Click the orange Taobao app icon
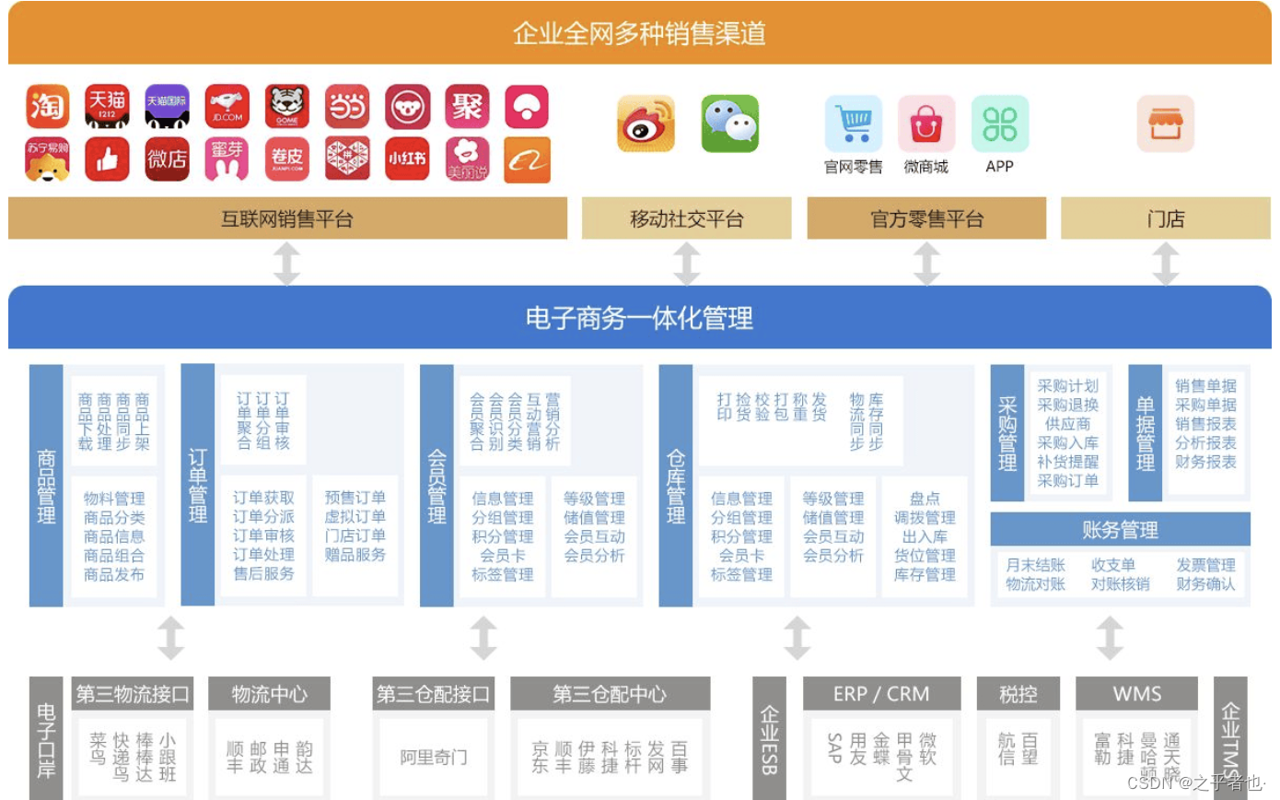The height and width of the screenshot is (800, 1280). point(48,107)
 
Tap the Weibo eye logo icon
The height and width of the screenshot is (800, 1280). point(646,124)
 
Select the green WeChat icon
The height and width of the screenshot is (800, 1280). point(730,124)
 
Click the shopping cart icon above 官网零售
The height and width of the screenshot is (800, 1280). point(853,124)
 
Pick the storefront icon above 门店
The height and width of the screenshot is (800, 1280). point(1165,124)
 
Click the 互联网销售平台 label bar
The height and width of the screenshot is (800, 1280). point(287,218)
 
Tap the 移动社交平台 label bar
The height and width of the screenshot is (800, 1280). point(686,218)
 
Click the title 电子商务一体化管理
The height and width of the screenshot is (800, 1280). point(639,318)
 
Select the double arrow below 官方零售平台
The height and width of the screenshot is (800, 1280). point(926,265)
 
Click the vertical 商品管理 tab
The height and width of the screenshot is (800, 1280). point(46,486)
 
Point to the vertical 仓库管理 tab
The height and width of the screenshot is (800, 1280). point(676,486)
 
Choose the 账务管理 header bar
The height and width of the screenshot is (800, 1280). point(1120,530)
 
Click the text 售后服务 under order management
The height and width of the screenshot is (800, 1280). point(264,573)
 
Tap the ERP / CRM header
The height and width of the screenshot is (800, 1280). point(880,694)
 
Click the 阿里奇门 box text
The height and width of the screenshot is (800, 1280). point(433,758)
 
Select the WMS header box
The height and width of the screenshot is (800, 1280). point(1136,694)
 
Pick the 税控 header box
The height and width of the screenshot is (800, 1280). point(1018,694)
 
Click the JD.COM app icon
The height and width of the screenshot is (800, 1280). point(227,107)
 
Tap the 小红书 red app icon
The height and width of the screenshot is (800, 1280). point(407,159)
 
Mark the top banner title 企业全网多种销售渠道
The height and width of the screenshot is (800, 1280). point(639,33)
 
